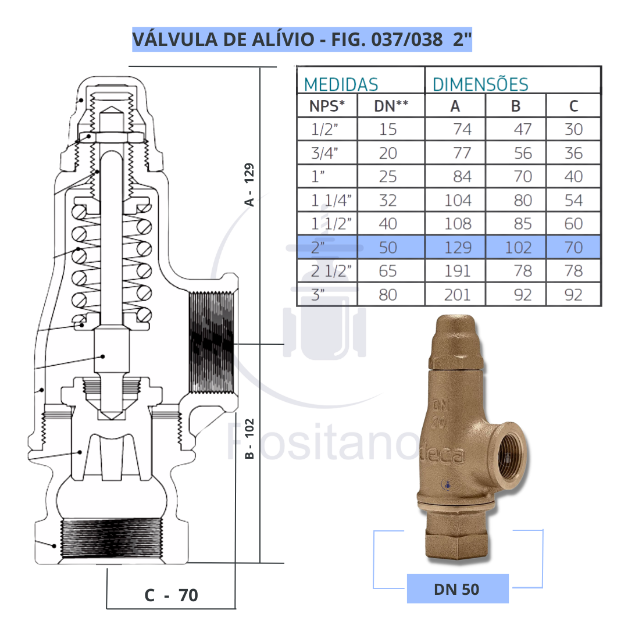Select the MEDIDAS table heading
click(341, 84)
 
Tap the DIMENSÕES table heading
click(480, 84)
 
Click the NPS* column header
click(327, 106)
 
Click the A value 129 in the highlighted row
click(458, 248)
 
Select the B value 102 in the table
click(518, 248)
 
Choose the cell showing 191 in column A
click(458, 272)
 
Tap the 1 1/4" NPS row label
click(331, 201)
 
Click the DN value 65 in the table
click(388, 272)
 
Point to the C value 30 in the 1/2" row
click(573, 129)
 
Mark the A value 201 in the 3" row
click(458, 295)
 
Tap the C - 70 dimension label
click(171, 595)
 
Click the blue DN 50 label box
click(457, 588)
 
